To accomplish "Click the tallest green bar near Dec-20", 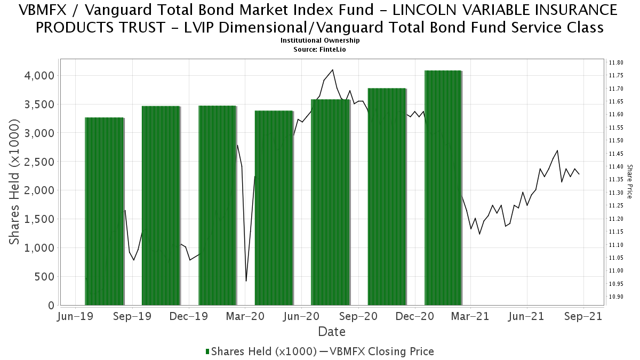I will tap(443, 187).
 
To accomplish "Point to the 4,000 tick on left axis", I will tap(40, 75).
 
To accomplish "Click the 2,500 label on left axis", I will tap(40, 162).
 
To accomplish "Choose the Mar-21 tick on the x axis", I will tap(470, 316).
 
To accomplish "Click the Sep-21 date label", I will tap(583, 316).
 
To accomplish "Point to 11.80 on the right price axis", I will tap(616, 63).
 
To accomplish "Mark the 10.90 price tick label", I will tap(616, 297).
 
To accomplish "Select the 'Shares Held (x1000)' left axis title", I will tap(15, 182).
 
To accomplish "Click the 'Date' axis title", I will tap(332, 332).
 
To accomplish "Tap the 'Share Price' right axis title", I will tap(630, 181).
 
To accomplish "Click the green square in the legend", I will tap(207, 351).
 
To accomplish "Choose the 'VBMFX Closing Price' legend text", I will tap(382, 351).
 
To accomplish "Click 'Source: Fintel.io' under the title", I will tap(320, 49).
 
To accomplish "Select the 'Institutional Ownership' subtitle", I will tap(320, 41).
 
